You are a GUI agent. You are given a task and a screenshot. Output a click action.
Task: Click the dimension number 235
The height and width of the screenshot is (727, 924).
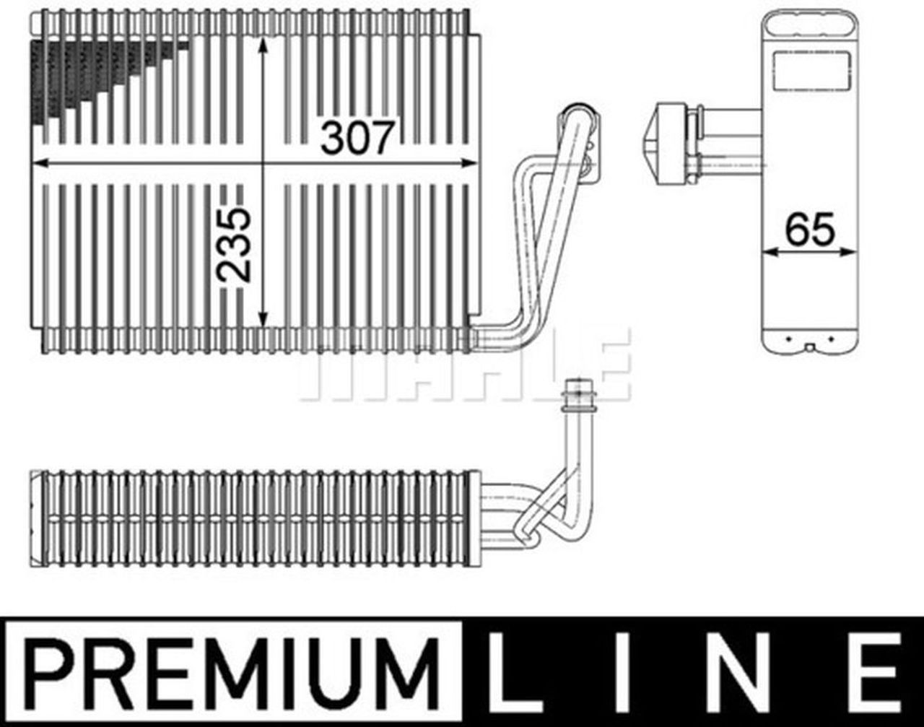coord(235,245)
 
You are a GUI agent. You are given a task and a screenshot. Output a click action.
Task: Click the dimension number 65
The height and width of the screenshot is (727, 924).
coord(809,230)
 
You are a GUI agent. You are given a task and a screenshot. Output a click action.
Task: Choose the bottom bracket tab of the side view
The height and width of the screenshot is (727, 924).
coord(810,344)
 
